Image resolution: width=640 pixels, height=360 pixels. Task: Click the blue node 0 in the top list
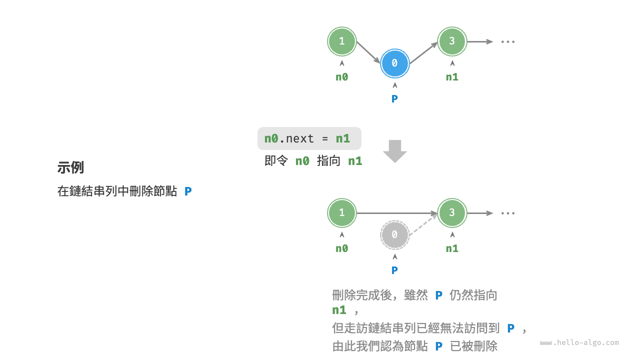click(x=394, y=63)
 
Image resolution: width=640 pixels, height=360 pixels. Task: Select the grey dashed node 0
click(x=394, y=234)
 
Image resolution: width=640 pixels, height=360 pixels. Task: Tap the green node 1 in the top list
click(x=341, y=41)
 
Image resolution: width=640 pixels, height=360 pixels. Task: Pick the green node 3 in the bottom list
click(x=452, y=213)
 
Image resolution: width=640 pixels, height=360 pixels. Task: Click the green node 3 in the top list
click(x=452, y=41)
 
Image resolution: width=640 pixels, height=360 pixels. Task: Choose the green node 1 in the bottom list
click(x=341, y=213)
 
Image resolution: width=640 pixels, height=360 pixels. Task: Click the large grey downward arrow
click(x=395, y=151)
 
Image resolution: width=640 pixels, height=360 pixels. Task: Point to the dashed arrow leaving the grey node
click(x=423, y=224)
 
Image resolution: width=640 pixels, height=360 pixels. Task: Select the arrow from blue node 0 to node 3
click(x=423, y=53)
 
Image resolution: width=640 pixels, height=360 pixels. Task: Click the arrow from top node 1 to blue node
click(x=368, y=52)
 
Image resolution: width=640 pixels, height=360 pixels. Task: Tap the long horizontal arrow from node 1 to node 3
click(x=397, y=213)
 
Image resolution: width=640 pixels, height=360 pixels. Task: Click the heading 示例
click(x=70, y=167)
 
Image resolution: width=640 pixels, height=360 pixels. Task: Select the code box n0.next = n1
click(x=309, y=138)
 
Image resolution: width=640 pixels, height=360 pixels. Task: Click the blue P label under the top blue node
click(x=394, y=99)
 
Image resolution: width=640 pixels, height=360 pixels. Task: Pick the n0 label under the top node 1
click(x=341, y=77)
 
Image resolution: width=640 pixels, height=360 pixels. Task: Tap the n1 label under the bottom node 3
click(x=452, y=248)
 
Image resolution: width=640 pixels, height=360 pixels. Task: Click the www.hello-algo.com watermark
click(x=579, y=342)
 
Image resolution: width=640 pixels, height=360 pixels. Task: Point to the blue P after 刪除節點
click(x=188, y=191)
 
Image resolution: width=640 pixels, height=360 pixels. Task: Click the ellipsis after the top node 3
click(x=507, y=41)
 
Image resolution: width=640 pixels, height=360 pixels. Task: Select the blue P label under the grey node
click(x=394, y=270)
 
